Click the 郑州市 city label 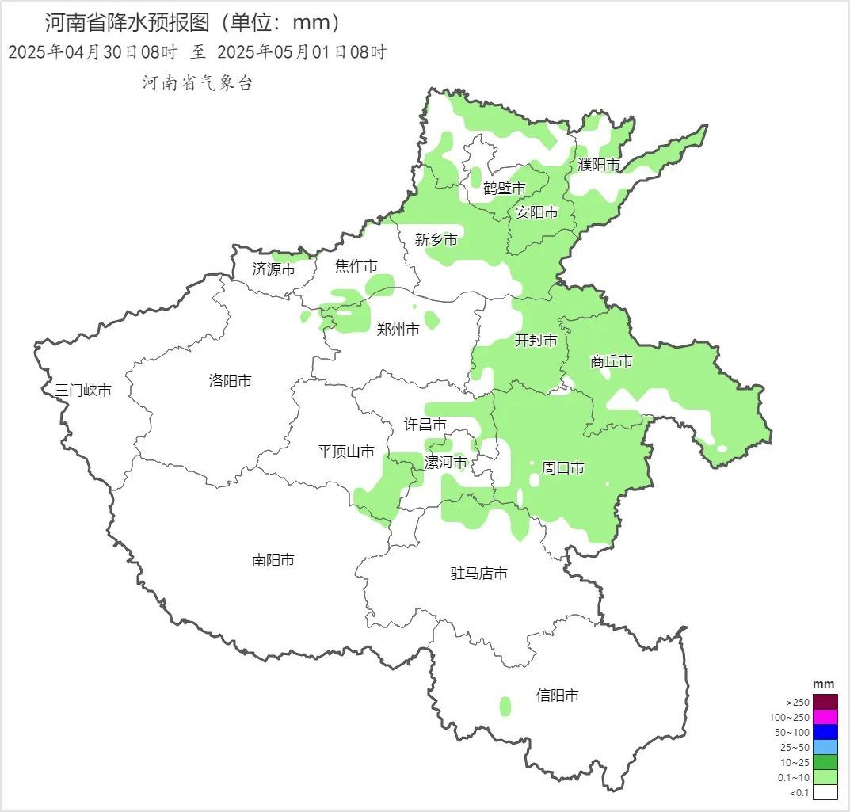398,330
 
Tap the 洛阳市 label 231,381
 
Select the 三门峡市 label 83,391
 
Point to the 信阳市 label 558,696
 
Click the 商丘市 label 612,361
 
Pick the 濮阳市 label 599,165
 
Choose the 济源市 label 274,269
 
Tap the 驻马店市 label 478,574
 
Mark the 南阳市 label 273,560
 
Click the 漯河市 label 446,463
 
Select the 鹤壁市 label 505,189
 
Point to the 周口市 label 562,468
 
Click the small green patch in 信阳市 505,706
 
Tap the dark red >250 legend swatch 825,702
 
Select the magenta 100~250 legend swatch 825,717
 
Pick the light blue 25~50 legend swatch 825,747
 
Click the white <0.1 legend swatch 825,792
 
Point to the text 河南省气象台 197,83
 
